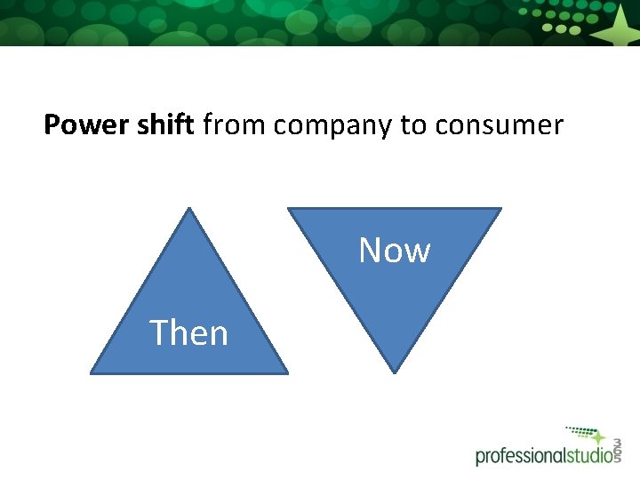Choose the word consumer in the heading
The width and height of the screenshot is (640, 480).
[x=499, y=126]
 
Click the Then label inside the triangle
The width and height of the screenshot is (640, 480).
[x=189, y=333]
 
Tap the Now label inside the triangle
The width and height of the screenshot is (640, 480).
[x=395, y=251]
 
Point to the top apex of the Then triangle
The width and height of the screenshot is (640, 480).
[x=189, y=209]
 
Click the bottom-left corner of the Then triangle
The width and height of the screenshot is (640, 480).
[x=92, y=372]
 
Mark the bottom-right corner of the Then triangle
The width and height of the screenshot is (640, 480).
[x=287, y=372]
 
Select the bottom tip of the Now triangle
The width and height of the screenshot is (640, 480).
[x=395, y=372]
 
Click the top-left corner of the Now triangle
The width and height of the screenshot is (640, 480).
[x=288, y=210]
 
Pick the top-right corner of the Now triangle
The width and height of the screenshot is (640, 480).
[x=500, y=210]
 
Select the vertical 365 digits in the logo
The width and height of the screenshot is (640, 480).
[x=617, y=449]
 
